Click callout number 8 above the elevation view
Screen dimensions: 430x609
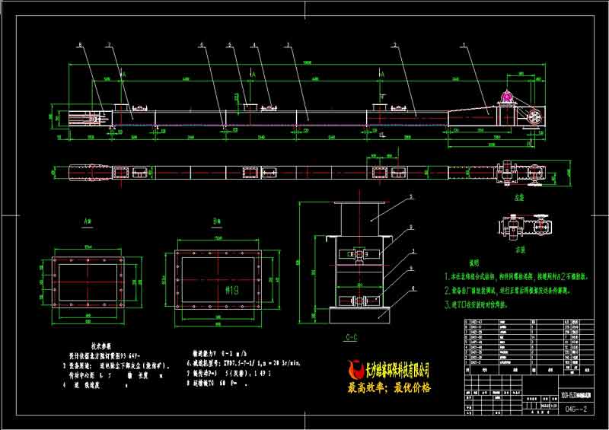point(80,45)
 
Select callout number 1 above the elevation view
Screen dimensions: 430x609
point(464,45)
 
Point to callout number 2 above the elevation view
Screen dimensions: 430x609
point(394,45)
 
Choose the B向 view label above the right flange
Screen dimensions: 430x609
point(215,224)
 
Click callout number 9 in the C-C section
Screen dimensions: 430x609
point(412,226)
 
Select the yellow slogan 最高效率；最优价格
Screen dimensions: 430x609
point(388,387)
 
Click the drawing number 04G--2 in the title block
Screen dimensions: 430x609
point(561,409)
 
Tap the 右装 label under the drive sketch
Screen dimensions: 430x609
point(520,248)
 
